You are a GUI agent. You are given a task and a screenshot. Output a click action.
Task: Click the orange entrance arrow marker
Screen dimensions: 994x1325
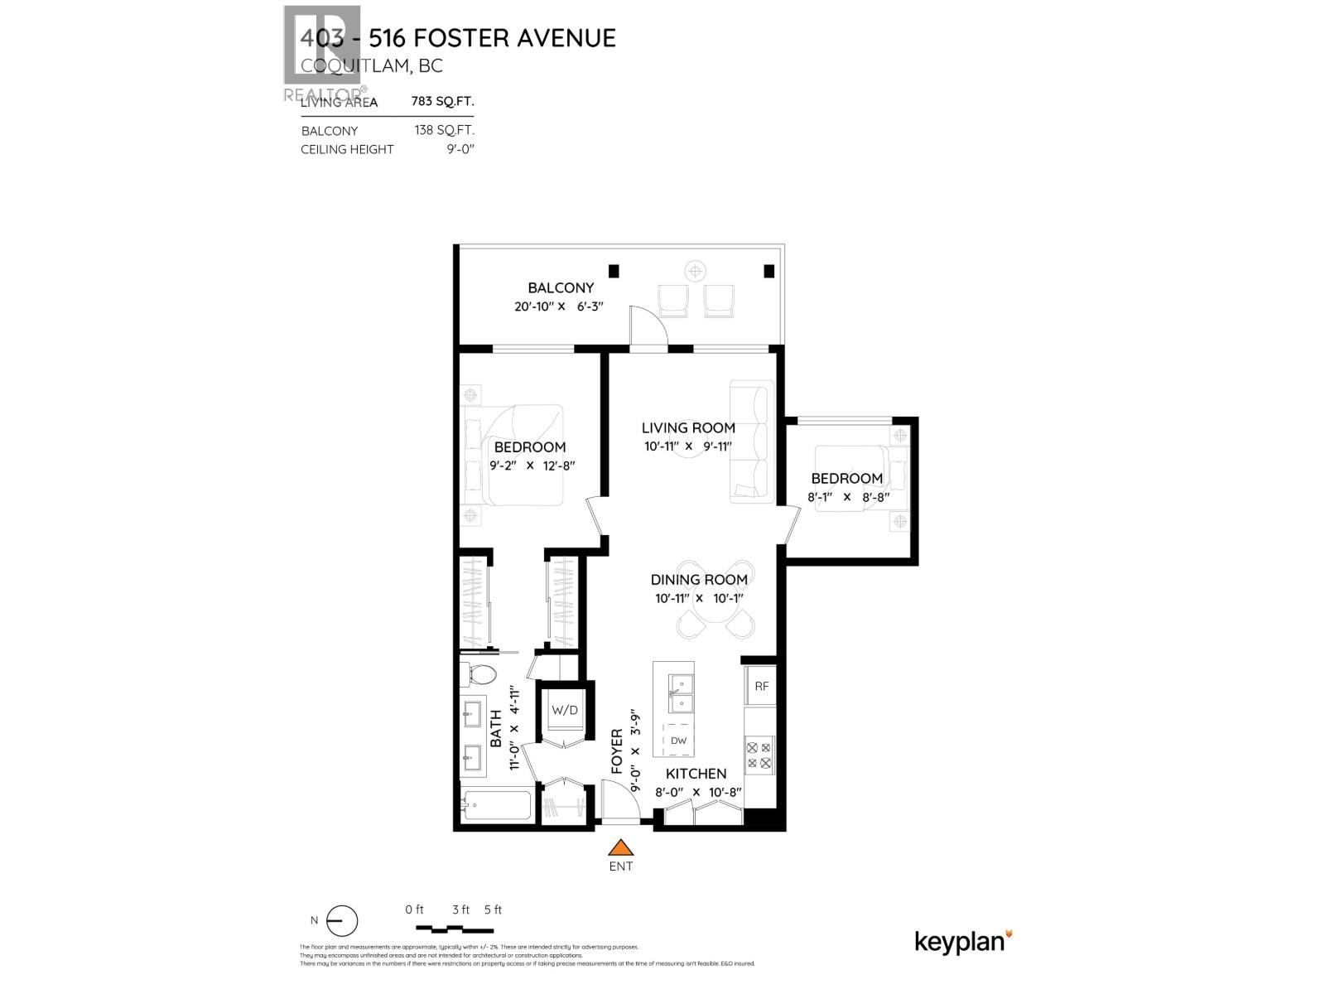coord(620,847)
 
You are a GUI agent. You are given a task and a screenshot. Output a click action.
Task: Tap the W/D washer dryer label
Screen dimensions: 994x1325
coord(565,710)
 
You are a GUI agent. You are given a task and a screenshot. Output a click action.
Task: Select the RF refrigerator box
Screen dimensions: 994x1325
coord(761,686)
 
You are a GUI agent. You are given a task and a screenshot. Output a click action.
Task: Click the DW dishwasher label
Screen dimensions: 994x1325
coord(678,741)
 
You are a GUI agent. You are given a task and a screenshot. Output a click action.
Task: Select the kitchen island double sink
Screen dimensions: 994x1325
coord(681,693)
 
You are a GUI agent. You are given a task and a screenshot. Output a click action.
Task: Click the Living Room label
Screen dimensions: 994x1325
coord(688,427)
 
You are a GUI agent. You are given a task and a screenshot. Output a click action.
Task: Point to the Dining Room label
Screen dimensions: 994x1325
coord(699,580)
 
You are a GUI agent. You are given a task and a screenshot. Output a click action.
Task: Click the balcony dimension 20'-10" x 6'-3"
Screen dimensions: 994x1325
coord(559,306)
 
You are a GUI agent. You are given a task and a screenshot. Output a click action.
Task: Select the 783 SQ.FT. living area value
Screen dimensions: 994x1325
coord(443,102)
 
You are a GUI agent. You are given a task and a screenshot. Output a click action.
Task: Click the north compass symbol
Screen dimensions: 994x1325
coord(341,921)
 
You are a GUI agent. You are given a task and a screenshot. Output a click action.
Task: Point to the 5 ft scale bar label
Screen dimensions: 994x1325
coord(493,910)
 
